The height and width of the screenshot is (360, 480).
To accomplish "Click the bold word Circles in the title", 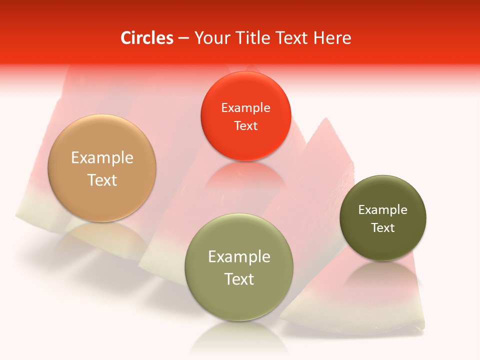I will click(x=147, y=38).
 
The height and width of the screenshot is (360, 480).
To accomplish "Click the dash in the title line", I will click(x=183, y=38).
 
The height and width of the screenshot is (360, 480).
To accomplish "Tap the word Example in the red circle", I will click(x=245, y=108).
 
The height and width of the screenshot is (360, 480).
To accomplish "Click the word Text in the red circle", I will click(x=245, y=126).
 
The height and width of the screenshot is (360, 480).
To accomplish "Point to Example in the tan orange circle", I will click(x=102, y=158).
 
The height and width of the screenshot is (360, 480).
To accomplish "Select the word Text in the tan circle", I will click(x=102, y=180).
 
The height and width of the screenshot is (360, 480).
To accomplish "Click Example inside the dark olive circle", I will click(x=383, y=210).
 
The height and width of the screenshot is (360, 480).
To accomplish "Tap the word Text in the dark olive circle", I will click(x=383, y=228).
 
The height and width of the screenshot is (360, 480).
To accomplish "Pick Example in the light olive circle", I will click(x=239, y=257).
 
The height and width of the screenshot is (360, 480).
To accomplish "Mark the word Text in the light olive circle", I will click(x=239, y=279).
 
